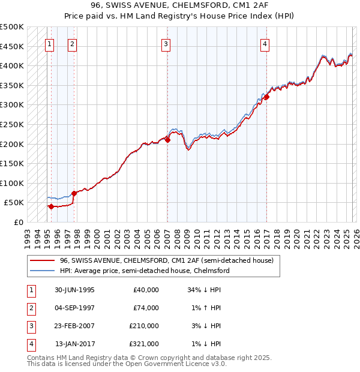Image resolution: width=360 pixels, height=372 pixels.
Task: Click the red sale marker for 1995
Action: (x=52, y=206)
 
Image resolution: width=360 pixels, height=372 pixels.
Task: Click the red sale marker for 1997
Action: (x=73, y=193)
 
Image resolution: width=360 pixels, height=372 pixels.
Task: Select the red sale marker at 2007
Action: (x=167, y=140)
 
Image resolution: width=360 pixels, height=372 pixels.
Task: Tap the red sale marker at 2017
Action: (x=266, y=97)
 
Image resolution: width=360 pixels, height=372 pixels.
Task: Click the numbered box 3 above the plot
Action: (x=166, y=43)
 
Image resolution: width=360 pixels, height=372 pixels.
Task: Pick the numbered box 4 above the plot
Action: (x=264, y=43)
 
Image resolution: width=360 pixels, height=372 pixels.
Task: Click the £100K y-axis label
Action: (x=12, y=183)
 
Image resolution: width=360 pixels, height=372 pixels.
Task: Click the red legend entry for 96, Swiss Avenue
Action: (x=166, y=260)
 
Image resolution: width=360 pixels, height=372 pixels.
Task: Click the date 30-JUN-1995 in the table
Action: (x=74, y=290)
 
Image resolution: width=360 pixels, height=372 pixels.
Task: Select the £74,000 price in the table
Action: (x=146, y=308)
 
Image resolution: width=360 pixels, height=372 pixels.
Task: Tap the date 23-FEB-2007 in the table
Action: (x=74, y=326)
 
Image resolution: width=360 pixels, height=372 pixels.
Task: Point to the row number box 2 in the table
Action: (x=31, y=308)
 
